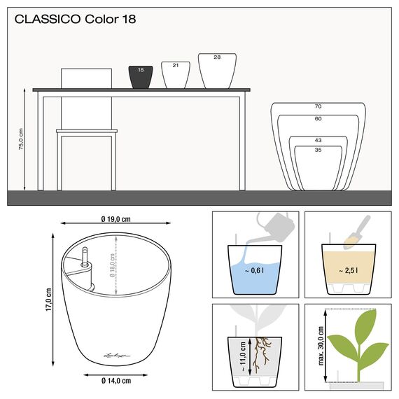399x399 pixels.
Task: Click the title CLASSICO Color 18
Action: click(x=75, y=20)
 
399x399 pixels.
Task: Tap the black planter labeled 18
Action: click(x=140, y=77)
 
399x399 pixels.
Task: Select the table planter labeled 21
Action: click(x=175, y=74)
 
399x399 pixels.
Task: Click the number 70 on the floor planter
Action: click(x=318, y=107)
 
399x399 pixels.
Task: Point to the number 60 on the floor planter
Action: click(x=318, y=119)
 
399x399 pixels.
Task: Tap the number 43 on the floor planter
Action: click(x=318, y=141)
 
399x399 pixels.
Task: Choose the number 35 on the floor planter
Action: click(x=318, y=150)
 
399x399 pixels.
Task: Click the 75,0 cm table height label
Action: click(x=22, y=139)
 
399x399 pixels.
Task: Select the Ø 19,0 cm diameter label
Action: click(x=115, y=218)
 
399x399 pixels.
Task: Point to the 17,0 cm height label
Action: click(x=48, y=298)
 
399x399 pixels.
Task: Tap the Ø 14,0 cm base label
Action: click(x=115, y=380)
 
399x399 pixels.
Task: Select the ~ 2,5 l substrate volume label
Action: click(x=347, y=271)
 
